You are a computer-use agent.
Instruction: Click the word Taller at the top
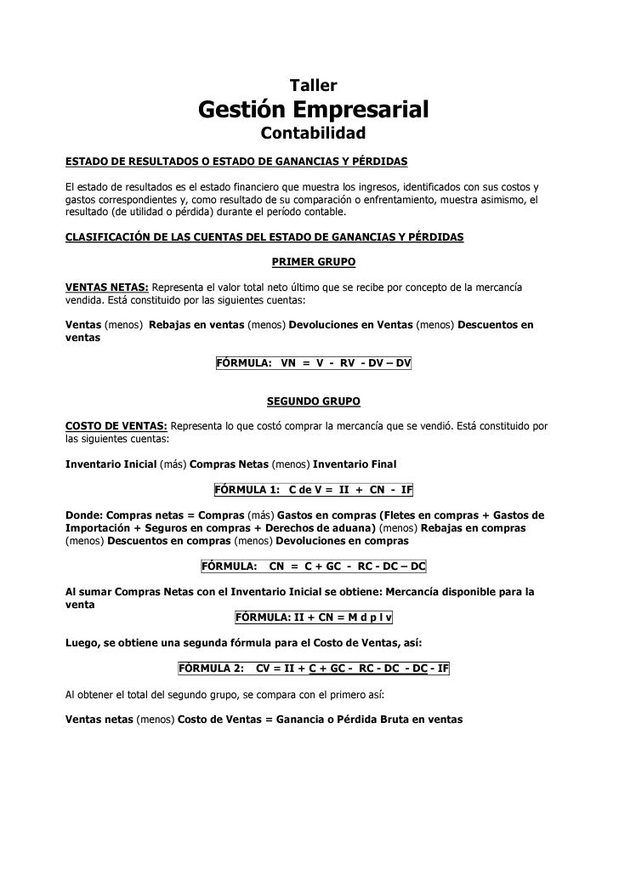[x=314, y=85]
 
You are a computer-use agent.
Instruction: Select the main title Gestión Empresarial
[x=313, y=110]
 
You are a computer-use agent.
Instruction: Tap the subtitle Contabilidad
[x=313, y=134]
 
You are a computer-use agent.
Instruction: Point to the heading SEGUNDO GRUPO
[x=313, y=400]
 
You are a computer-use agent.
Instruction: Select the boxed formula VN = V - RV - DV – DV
[x=314, y=363]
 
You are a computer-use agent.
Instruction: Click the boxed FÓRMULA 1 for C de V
[x=314, y=491]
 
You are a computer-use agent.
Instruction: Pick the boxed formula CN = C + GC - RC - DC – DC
[x=314, y=566]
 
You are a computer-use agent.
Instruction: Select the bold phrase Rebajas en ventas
[x=196, y=325]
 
